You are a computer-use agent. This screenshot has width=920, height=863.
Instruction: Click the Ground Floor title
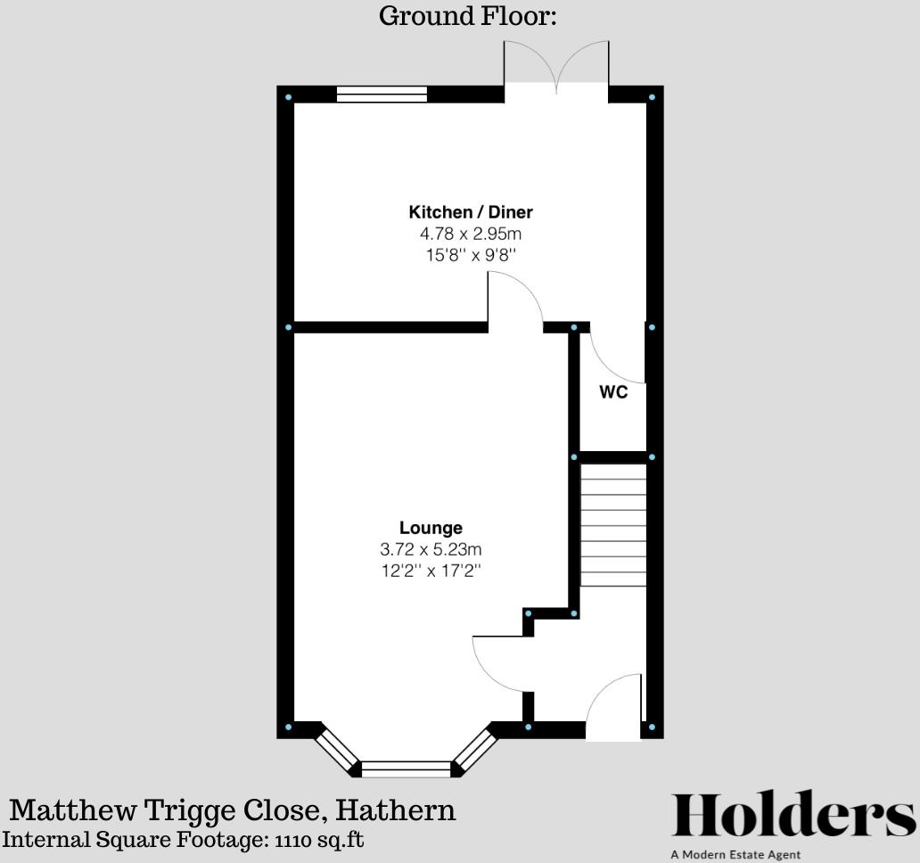pyautogui.click(x=467, y=15)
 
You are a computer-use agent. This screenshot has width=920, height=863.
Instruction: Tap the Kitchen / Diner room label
pyautogui.click(x=471, y=212)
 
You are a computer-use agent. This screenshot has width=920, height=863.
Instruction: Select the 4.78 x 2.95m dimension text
pyautogui.click(x=471, y=234)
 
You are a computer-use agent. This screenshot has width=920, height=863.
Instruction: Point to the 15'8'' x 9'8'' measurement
pyautogui.click(x=471, y=255)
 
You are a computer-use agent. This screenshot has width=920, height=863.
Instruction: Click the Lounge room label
pyautogui.click(x=431, y=528)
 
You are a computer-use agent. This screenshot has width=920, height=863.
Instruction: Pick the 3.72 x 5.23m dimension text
pyautogui.click(x=431, y=549)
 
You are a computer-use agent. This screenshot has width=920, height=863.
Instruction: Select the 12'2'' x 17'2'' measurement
pyautogui.click(x=431, y=571)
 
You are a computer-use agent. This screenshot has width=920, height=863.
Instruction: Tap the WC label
pyautogui.click(x=613, y=392)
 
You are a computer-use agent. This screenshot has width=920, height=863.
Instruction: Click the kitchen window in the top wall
pyautogui.click(x=382, y=95)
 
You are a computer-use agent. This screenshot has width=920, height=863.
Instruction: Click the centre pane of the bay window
pyautogui.click(x=407, y=768)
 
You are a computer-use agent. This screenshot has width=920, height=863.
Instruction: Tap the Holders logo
pyautogui.click(x=793, y=814)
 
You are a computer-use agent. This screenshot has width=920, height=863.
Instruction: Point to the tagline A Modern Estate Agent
pyautogui.click(x=735, y=855)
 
